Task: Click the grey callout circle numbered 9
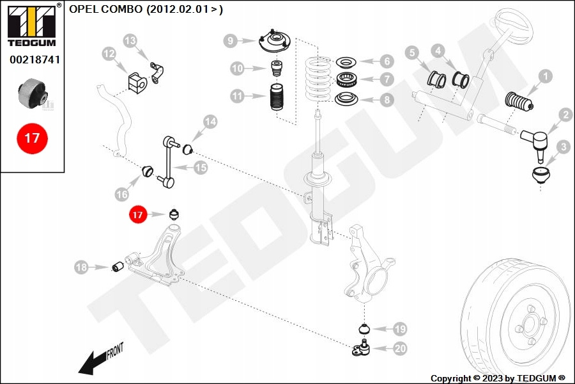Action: tap(231, 41)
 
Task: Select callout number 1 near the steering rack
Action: tap(545, 77)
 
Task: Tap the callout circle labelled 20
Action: tap(399, 348)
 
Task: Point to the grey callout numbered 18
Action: tap(81, 268)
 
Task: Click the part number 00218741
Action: tap(33, 59)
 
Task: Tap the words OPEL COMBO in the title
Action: tap(105, 10)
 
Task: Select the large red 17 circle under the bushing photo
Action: tap(32, 138)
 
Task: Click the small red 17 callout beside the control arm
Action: tap(137, 215)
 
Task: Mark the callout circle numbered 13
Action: tap(130, 41)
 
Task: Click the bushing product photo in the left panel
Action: tap(32, 93)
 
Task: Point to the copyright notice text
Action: tap(498, 378)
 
